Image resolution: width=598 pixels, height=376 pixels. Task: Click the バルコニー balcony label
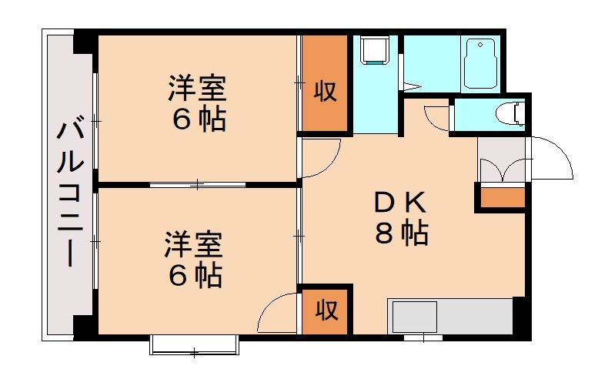click(x=68, y=193)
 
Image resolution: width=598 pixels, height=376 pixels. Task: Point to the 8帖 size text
click(x=401, y=233)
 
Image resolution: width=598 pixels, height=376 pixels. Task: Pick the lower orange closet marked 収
click(x=326, y=311)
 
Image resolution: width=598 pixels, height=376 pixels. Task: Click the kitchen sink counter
click(x=450, y=316)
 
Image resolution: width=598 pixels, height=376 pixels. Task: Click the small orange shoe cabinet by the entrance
click(x=500, y=198)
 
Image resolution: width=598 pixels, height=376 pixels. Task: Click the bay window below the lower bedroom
click(x=193, y=344)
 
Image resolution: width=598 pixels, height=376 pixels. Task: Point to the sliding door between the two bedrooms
click(x=198, y=184)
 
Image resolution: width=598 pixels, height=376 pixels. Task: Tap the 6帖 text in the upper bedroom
click(x=198, y=120)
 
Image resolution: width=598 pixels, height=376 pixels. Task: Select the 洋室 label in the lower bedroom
click(x=192, y=245)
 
